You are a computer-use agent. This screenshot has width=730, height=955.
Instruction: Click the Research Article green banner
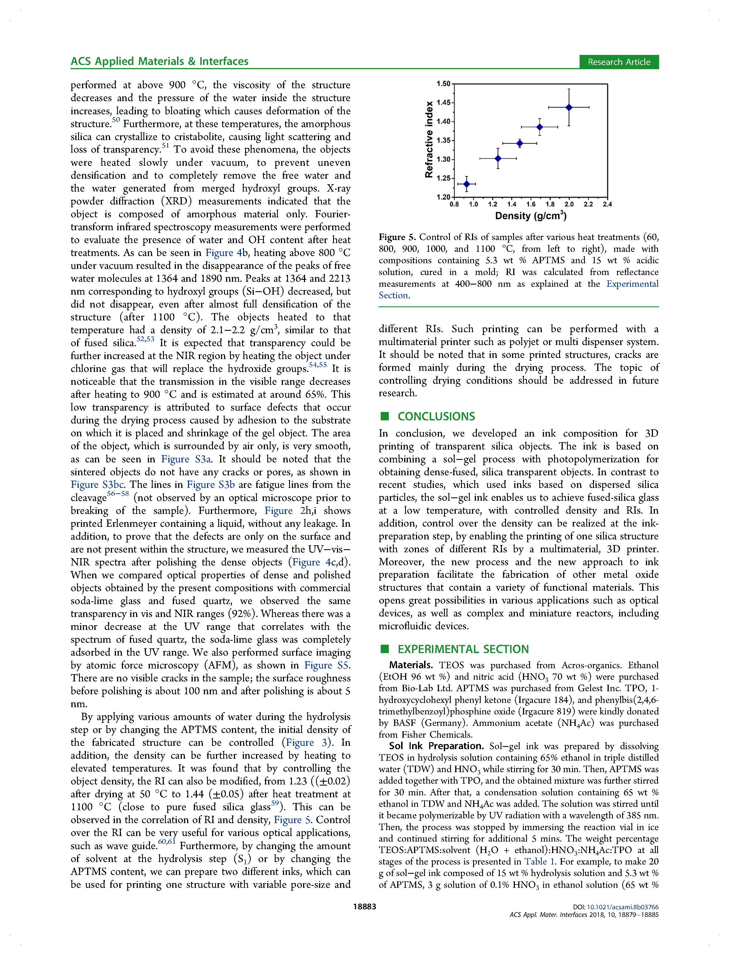619,62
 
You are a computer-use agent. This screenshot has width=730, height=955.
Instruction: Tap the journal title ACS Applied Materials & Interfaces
159,61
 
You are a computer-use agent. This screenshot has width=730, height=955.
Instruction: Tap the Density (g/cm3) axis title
531,216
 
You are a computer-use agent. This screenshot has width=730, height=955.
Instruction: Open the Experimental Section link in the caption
632,284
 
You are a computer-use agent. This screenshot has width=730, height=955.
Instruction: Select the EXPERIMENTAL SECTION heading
463,649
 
